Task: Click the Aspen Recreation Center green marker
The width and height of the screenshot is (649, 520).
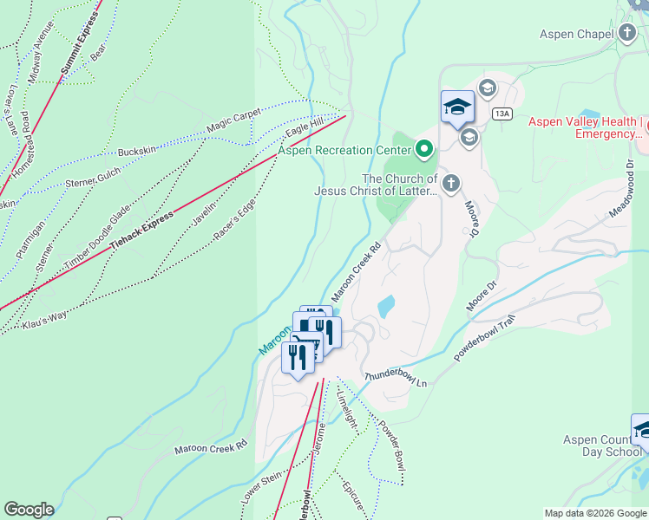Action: (x=424, y=150)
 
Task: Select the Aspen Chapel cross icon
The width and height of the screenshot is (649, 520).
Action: (x=628, y=33)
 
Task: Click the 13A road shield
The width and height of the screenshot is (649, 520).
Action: (x=501, y=114)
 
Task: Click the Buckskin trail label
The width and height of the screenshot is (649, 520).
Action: (x=137, y=151)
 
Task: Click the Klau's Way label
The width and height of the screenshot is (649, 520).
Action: (x=46, y=315)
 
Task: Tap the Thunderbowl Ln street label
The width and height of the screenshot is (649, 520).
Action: (x=397, y=378)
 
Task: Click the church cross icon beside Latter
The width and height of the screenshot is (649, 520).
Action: (x=449, y=183)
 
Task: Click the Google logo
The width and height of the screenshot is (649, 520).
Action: (x=29, y=510)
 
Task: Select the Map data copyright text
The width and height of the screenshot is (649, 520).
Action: (x=594, y=513)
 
